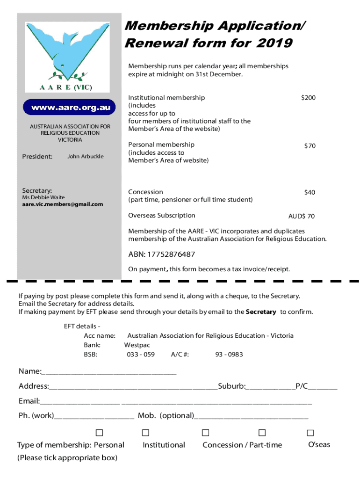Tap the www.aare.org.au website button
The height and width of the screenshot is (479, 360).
pyautogui.click(x=71, y=108)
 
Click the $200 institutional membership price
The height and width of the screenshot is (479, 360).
pyautogui.click(x=308, y=98)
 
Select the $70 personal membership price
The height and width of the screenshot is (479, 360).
pyautogui.click(x=310, y=146)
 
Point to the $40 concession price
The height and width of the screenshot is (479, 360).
pyautogui.click(x=310, y=192)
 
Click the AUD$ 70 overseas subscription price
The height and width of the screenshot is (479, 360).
pyautogui.click(x=302, y=216)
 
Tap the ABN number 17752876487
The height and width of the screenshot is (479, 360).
pyautogui.click(x=162, y=254)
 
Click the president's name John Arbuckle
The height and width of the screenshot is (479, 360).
pyautogui.click(x=86, y=157)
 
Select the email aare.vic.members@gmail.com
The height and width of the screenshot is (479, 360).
pyautogui.click(x=63, y=204)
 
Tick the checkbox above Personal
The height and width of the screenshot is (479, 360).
pyautogui.click(x=99, y=433)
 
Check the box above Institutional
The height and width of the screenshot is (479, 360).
pyautogui.click(x=146, y=433)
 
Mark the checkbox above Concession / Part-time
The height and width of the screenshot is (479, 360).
pyautogui.click(x=205, y=433)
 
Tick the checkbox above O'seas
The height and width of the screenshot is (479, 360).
pyautogui.click(x=310, y=433)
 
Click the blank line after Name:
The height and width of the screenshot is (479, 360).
pyautogui.click(x=109, y=373)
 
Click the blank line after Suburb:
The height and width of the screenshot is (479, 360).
pyautogui.click(x=270, y=387)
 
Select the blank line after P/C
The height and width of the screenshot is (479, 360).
pyautogui.click(x=323, y=387)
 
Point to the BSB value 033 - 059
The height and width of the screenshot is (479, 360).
pyautogui.click(x=141, y=355)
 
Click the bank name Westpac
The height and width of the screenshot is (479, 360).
pyautogui.click(x=137, y=345)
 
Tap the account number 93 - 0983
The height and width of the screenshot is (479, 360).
pyautogui.click(x=229, y=355)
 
